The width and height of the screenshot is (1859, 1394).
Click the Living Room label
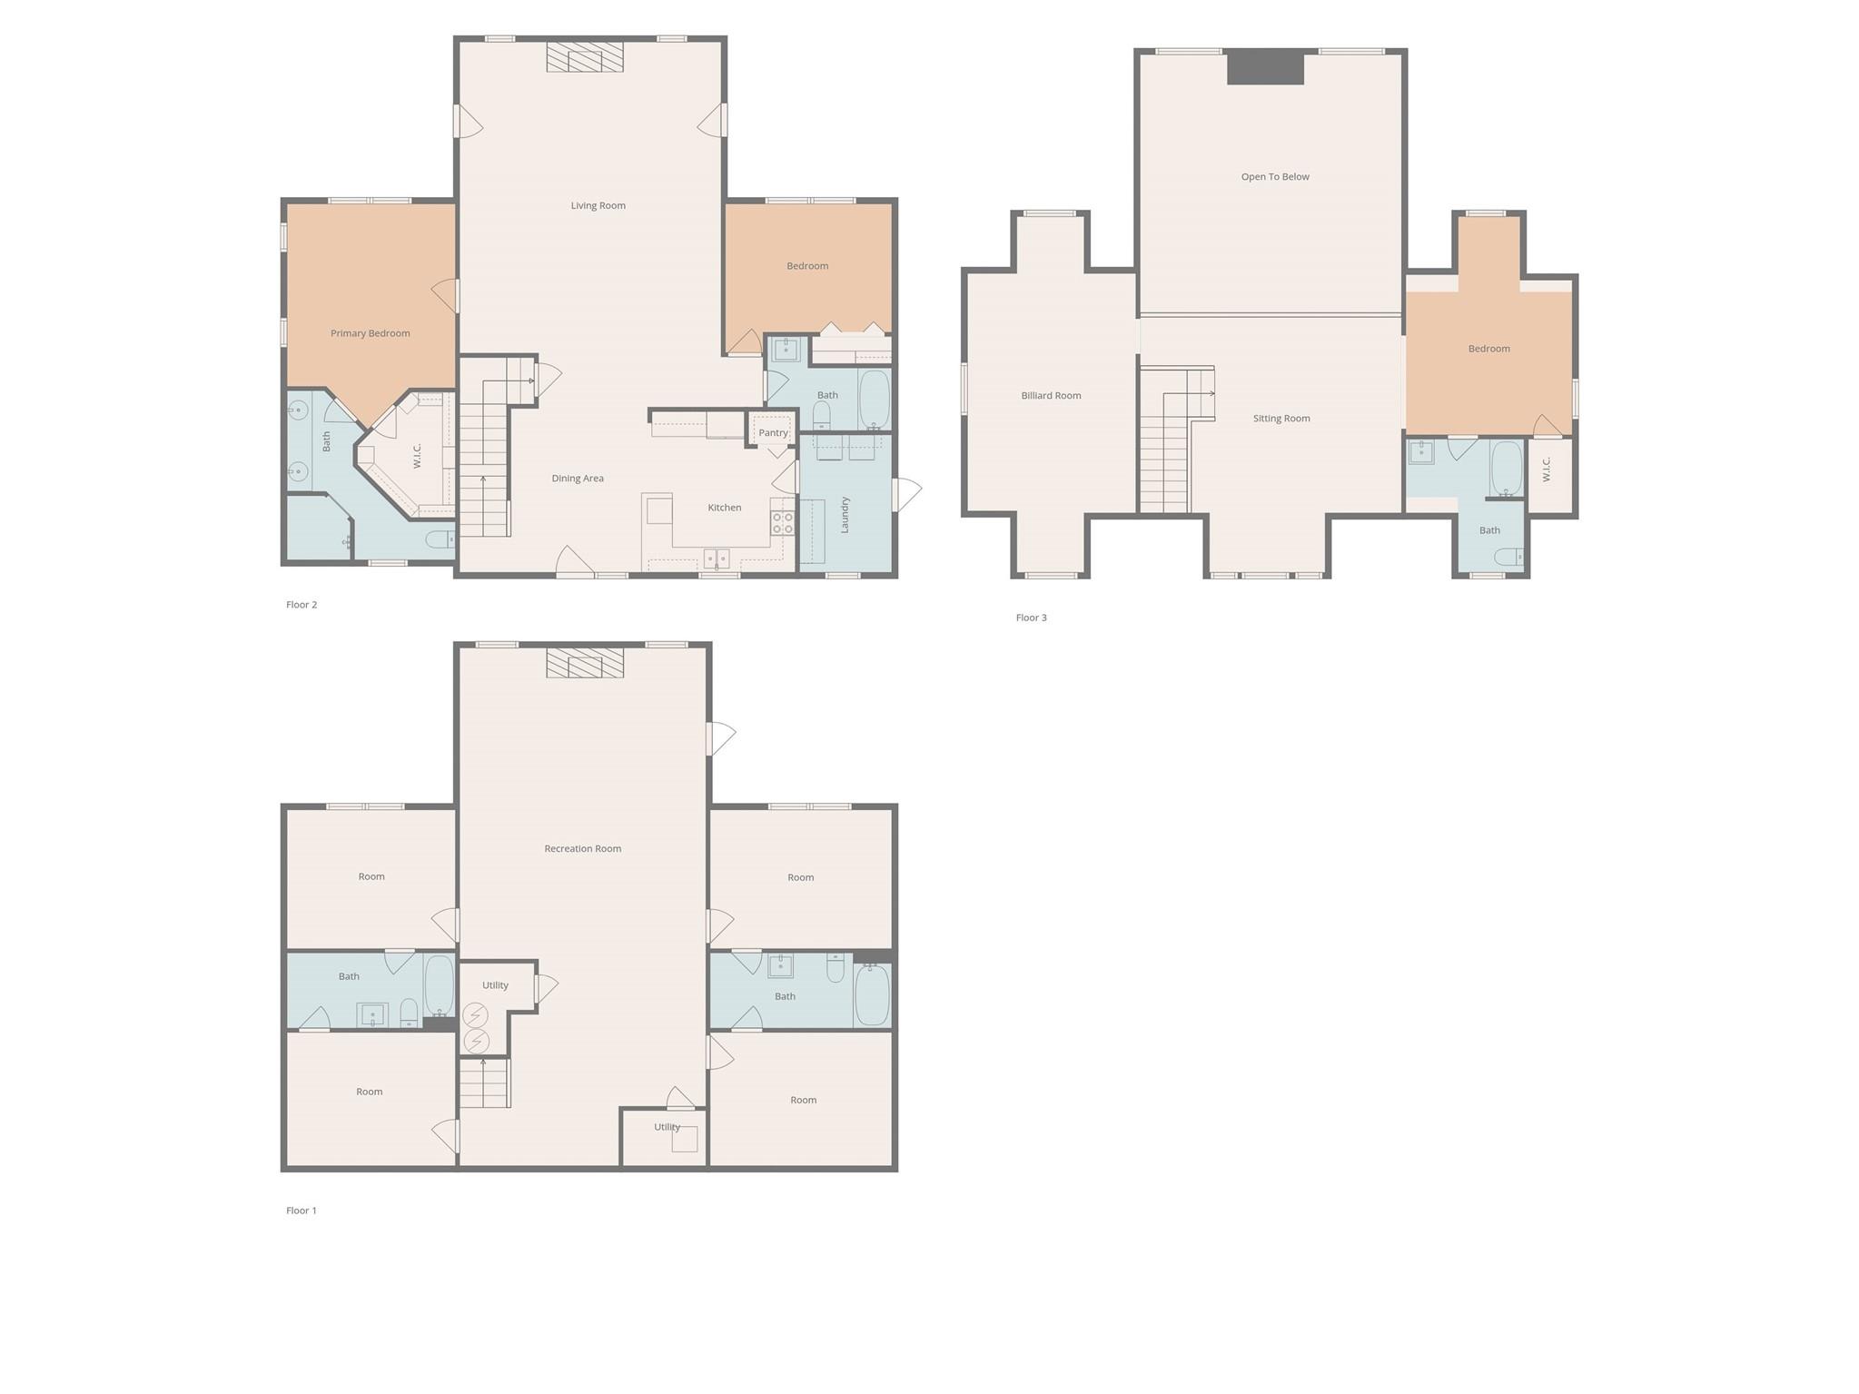(598, 205)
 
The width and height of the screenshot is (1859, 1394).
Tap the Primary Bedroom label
(370, 333)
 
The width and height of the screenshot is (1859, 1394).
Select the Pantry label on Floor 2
(773, 433)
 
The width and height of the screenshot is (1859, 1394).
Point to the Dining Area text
(578, 479)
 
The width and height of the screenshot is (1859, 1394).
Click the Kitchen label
(724, 508)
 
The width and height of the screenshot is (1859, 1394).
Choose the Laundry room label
(845, 515)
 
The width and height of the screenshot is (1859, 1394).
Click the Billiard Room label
(1051, 396)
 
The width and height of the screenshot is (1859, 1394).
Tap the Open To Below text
(1275, 177)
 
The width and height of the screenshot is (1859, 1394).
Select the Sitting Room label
(1281, 419)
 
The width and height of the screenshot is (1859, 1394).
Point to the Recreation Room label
(582, 849)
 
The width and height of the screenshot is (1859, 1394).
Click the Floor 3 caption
(1031, 618)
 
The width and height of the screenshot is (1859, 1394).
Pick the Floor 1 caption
(302, 1211)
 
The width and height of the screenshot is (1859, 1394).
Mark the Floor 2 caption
(302, 605)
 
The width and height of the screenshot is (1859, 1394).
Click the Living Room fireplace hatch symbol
(585, 57)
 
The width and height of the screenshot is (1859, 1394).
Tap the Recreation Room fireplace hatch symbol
(585, 663)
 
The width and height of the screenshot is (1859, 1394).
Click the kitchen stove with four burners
(782, 523)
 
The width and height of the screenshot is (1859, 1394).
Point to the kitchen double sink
(717, 558)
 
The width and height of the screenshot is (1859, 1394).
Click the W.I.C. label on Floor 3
(1547, 470)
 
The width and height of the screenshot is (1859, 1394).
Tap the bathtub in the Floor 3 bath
(1507, 469)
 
